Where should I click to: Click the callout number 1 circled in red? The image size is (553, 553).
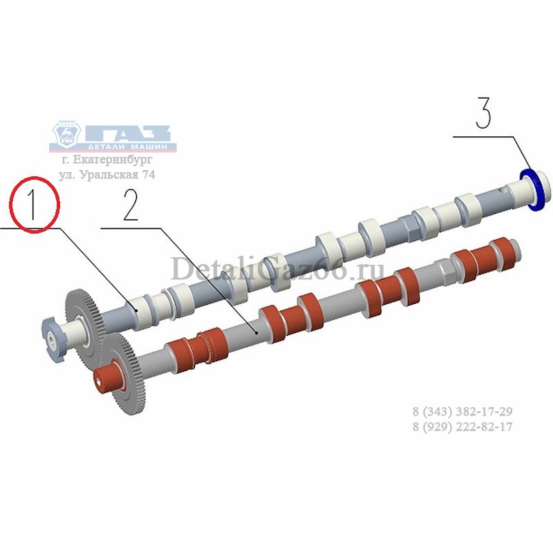coord(33,205)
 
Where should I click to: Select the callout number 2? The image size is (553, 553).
coord(130,205)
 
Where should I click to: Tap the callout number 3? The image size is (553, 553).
coord(483,113)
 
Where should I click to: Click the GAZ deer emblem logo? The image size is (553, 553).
coord(66,135)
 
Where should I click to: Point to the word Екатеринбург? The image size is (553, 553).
coord(113,160)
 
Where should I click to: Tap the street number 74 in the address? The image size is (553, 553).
coord(148,175)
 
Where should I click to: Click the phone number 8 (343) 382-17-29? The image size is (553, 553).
coord(462,411)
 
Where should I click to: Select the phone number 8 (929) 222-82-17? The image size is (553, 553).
coord(462,427)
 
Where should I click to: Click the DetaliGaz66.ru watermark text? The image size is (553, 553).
coord(277,270)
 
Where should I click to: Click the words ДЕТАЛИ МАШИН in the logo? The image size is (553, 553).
coord(133,147)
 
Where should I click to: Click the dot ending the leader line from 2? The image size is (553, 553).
coord(257,332)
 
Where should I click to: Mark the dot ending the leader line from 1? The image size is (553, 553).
coord(137,310)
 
